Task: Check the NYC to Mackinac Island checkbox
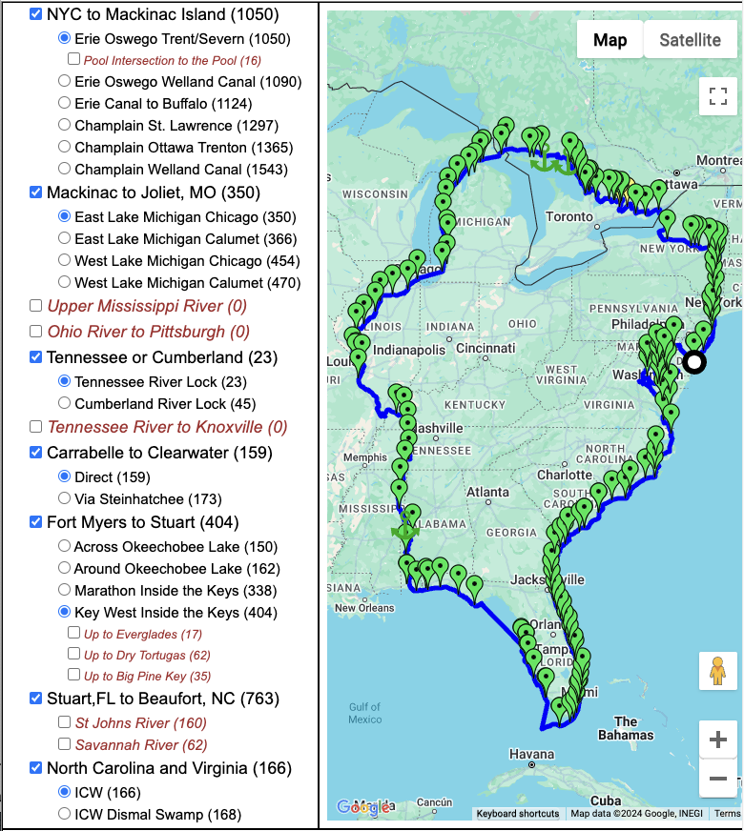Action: pyautogui.click(x=36, y=14)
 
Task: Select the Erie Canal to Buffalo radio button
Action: pyautogui.click(x=64, y=103)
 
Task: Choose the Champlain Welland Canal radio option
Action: pyautogui.click(x=64, y=169)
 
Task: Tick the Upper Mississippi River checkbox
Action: pyautogui.click(x=36, y=306)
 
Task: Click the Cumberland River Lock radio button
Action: pyautogui.click(x=64, y=403)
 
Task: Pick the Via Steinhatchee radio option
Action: pyautogui.click(x=64, y=497)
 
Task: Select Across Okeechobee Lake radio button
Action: pyautogui.click(x=64, y=546)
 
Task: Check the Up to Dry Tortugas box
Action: pyautogui.click(x=74, y=655)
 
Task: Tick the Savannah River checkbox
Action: pyautogui.click(x=65, y=744)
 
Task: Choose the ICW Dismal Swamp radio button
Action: pyautogui.click(x=64, y=814)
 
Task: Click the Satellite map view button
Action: pyautogui.click(x=690, y=40)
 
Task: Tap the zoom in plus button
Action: pyautogui.click(x=718, y=740)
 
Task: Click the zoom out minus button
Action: pyautogui.click(x=718, y=780)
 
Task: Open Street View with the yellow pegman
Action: pyautogui.click(x=718, y=670)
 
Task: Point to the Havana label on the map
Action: pyautogui.click(x=531, y=755)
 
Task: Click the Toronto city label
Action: pyautogui.click(x=568, y=217)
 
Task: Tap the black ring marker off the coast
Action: pyautogui.click(x=694, y=361)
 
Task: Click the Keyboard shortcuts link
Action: pyautogui.click(x=518, y=814)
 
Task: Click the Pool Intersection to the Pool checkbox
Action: pyautogui.click(x=74, y=59)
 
